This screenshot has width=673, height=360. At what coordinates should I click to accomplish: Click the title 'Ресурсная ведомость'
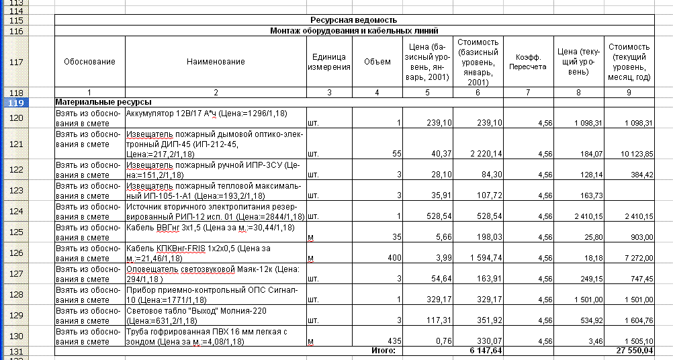[x=353, y=21]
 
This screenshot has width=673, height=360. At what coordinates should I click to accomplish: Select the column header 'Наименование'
[x=216, y=62]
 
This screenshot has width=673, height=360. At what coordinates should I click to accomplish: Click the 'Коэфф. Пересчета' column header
[x=527, y=62]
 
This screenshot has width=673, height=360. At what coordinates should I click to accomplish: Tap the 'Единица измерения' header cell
[x=329, y=62]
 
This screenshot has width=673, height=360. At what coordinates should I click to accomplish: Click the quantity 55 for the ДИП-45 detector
[x=396, y=154]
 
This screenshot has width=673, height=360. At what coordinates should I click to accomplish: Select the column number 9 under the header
[x=629, y=91]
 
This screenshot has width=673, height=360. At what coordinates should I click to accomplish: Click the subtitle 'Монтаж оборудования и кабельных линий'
[x=353, y=31]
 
